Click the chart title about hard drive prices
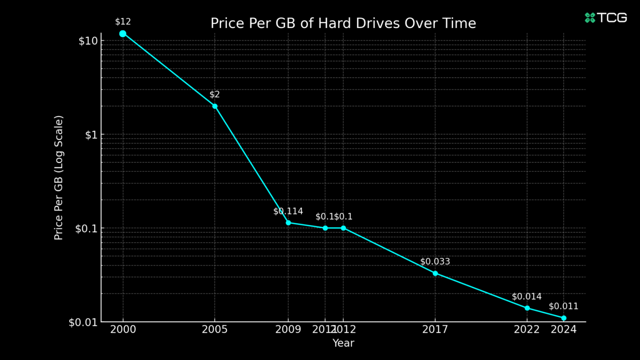pos(343,23)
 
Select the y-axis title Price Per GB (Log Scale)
pos(59,178)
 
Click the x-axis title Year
pos(343,343)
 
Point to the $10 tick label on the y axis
pos(88,41)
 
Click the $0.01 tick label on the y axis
pos(83,322)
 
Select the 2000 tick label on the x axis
pos(123,330)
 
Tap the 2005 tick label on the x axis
pos(215,330)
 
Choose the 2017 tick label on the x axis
pos(435,330)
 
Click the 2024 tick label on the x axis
pos(563,330)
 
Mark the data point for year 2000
pos(123,34)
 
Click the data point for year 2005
pos(215,106)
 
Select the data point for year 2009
pos(288,223)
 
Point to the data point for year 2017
pos(435,273)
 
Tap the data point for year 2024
pos(564,318)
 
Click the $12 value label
pos(123,22)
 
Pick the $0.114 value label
pos(288,211)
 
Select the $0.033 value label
pos(435,262)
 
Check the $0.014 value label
pos(527,297)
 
